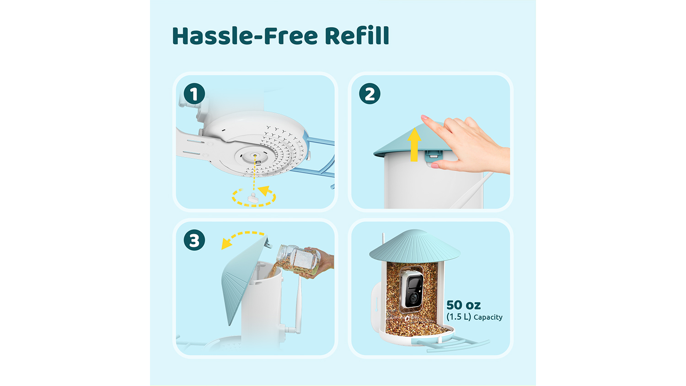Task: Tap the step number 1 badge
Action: click(x=194, y=93)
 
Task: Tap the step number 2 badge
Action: click(x=370, y=93)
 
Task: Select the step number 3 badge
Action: click(x=194, y=240)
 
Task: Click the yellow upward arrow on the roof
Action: click(x=414, y=145)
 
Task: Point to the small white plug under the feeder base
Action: click(x=253, y=198)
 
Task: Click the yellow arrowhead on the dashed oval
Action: click(x=264, y=190)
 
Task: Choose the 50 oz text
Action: click(x=463, y=305)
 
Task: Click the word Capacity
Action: click(x=488, y=317)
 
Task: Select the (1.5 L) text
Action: click(x=458, y=317)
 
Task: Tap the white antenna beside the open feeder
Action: click(x=298, y=303)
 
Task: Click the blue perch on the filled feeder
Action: click(x=453, y=343)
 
